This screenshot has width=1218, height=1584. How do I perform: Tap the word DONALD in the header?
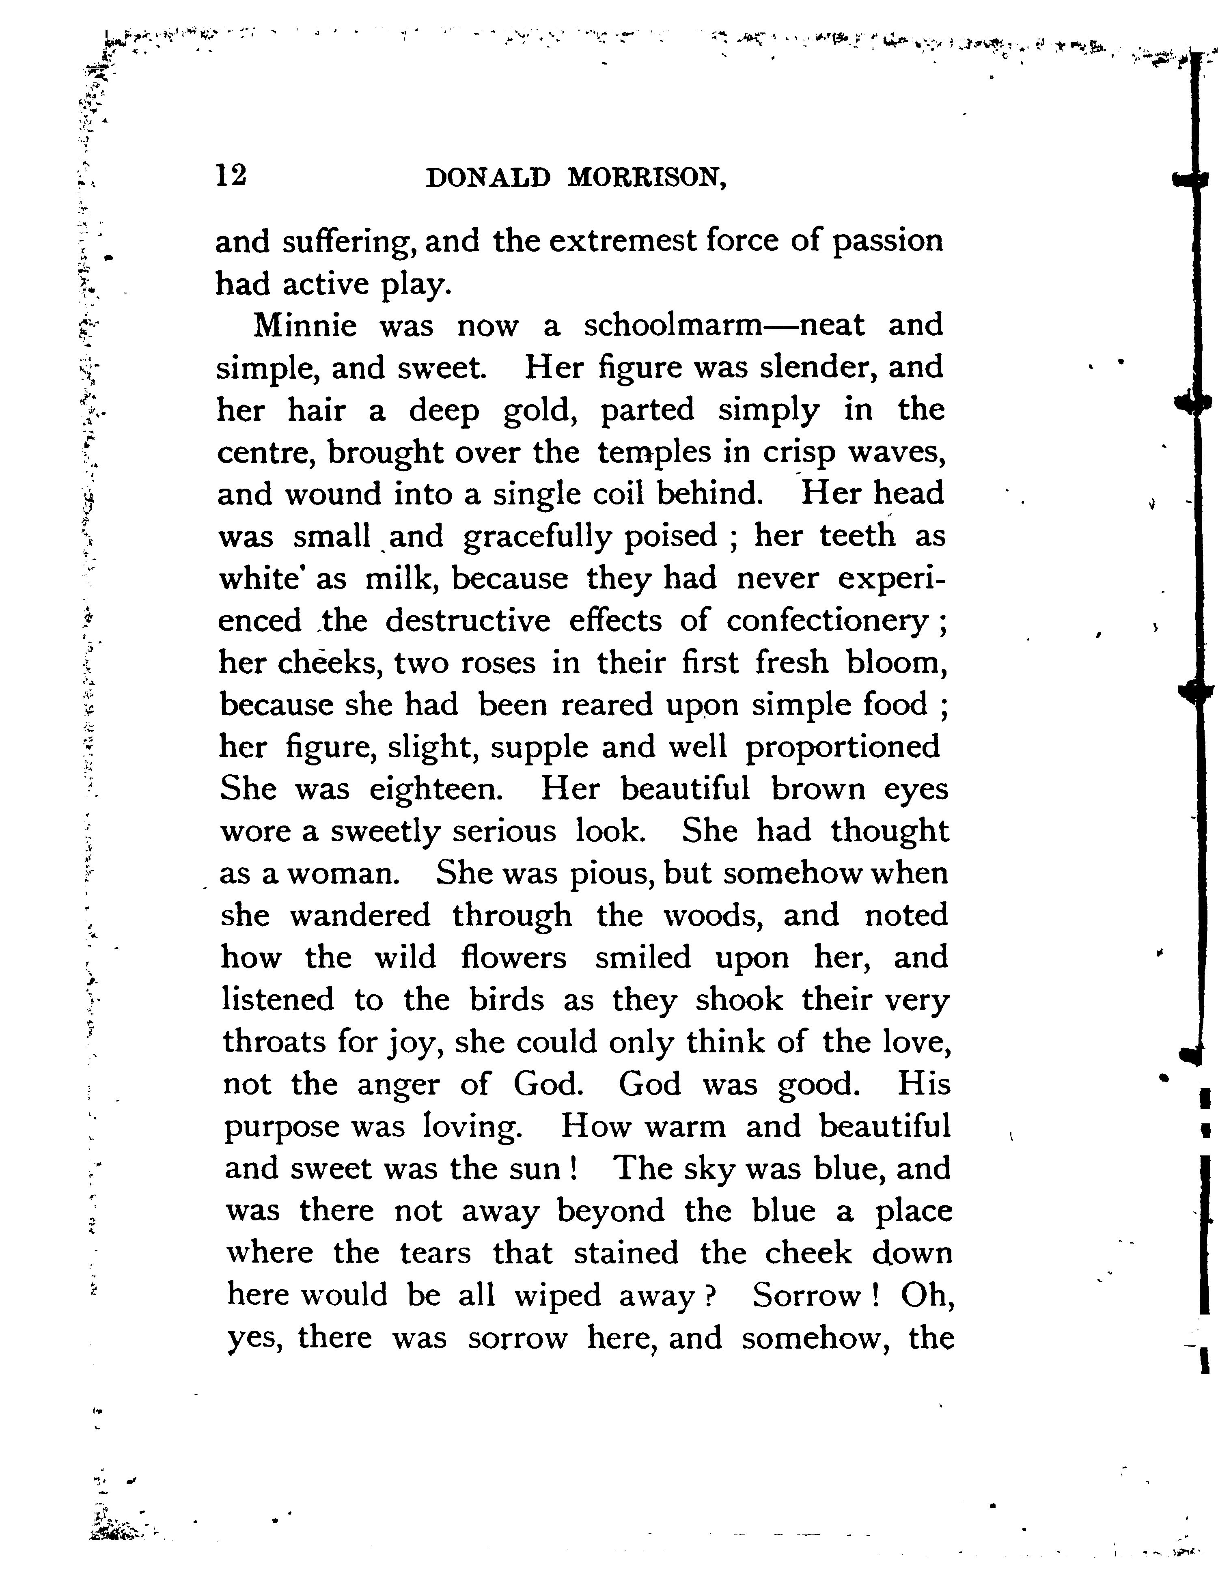pyautogui.click(x=488, y=178)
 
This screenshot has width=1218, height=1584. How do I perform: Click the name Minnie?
pyautogui.click(x=304, y=325)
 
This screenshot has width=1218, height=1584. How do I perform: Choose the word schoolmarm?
pyautogui.click(x=672, y=325)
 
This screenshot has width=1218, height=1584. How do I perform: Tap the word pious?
pyautogui.click(x=611, y=873)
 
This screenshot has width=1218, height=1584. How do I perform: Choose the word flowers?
pyautogui.click(x=513, y=958)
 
